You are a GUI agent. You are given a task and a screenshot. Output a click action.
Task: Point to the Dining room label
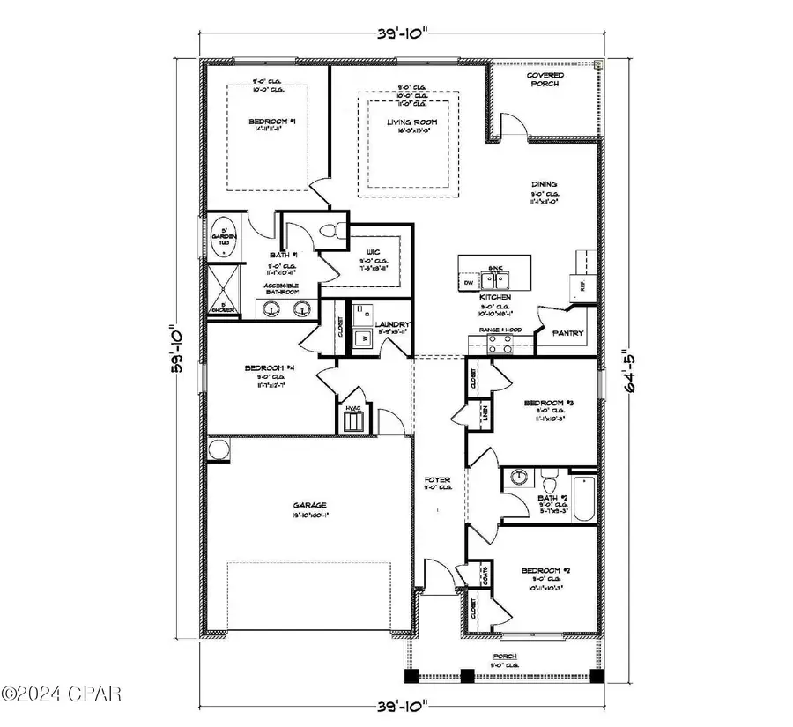point(545,184)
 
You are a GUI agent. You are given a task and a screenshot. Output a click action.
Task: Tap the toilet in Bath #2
point(550,484)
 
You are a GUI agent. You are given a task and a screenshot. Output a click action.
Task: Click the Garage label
point(309,507)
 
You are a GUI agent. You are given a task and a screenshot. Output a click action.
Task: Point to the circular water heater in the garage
point(219,450)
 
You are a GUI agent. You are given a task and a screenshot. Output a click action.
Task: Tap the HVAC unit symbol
point(352,420)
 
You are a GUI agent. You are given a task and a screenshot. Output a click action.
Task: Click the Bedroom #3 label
point(548,403)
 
